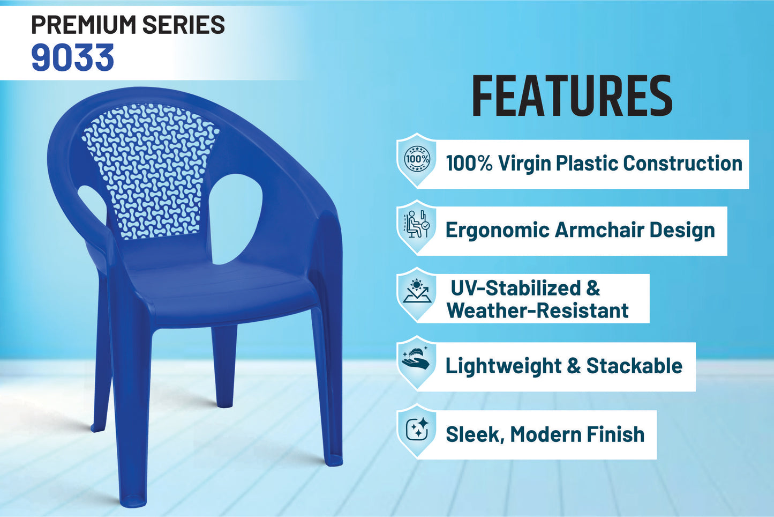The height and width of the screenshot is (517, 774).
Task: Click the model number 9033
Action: tap(72, 57)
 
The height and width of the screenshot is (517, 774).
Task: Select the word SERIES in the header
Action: tap(183, 25)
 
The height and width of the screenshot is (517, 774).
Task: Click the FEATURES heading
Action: tap(572, 95)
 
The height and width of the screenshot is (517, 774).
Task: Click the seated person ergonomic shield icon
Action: tap(417, 227)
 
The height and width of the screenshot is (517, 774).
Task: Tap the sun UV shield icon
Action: tap(417, 294)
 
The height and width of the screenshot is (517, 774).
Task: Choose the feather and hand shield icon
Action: tap(417, 363)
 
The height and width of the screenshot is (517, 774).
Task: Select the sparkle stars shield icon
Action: tap(417, 430)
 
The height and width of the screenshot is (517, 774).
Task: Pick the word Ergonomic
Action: tap(498, 230)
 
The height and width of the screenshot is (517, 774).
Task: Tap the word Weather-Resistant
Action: tap(538, 311)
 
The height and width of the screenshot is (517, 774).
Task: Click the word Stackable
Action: tap(634, 366)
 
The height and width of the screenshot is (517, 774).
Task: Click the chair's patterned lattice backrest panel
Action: tap(151, 170)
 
